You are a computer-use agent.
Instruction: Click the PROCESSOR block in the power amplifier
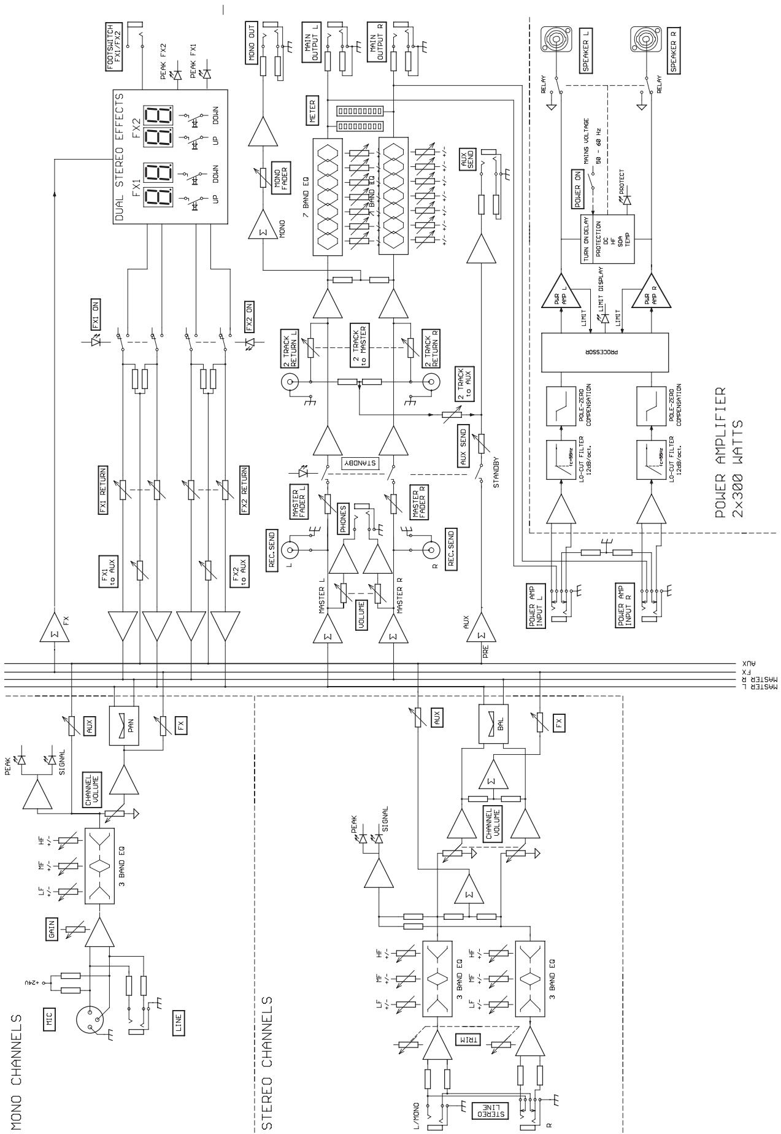[605, 353]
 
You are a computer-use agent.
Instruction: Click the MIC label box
[51, 1020]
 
